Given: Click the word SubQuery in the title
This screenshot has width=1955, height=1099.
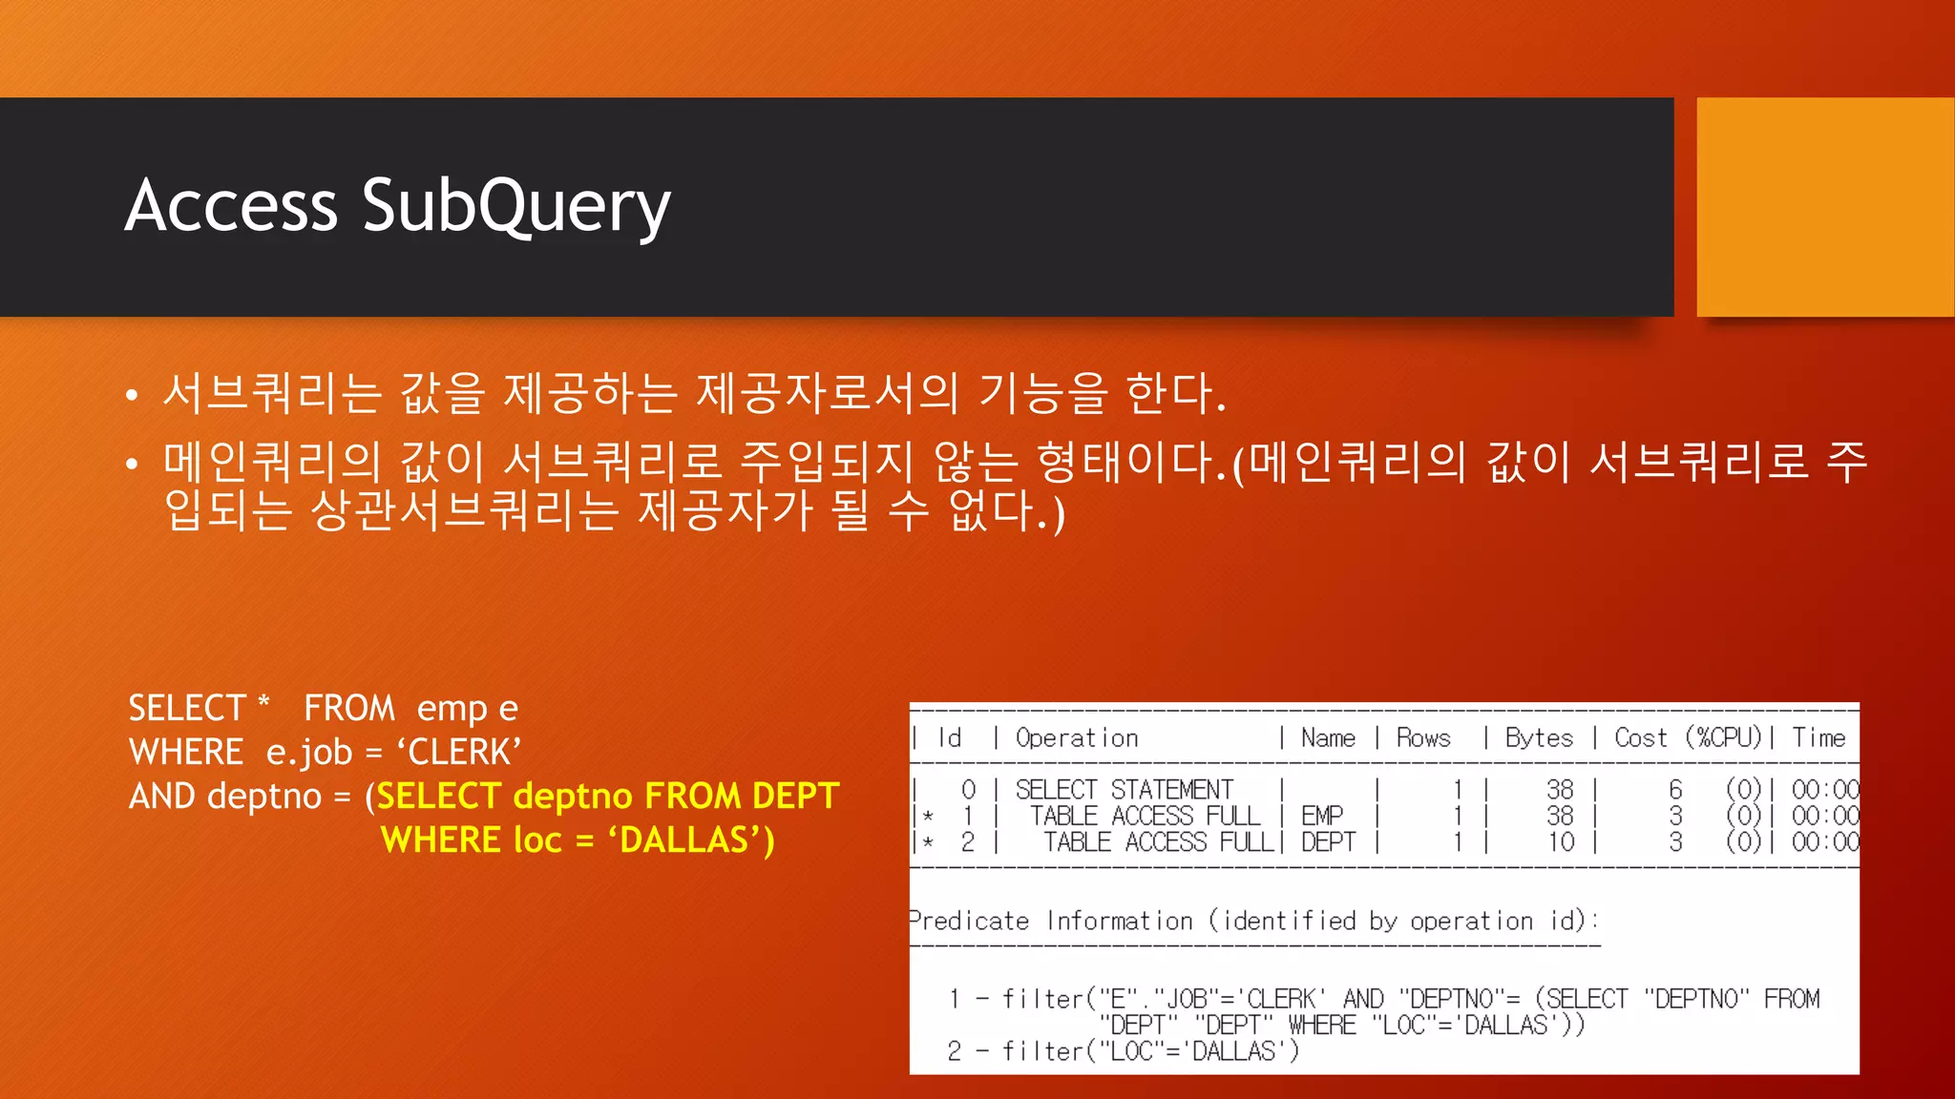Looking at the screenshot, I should tap(515, 206).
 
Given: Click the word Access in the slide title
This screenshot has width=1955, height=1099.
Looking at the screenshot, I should tap(232, 206).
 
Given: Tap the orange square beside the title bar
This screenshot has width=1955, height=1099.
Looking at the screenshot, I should tap(1825, 207).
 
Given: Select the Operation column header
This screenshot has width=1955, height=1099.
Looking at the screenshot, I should tap(1077, 738).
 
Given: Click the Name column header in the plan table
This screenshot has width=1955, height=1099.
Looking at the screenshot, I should tap(1328, 738).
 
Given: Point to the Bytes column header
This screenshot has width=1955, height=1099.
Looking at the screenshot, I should tap(1539, 738).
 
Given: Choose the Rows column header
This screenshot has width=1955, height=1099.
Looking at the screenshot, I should tap(1423, 738).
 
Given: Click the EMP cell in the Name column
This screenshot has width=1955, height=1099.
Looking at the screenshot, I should tap(1322, 817).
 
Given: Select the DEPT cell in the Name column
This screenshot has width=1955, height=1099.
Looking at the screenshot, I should tap(1328, 842).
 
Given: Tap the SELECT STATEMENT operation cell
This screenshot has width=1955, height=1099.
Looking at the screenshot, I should tap(1124, 790).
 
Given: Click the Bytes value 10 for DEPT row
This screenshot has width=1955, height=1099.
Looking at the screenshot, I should tap(1561, 842).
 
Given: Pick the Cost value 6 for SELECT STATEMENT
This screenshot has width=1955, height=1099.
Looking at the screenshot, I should tap(1675, 790).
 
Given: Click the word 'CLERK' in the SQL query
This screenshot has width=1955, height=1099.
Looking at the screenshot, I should tap(465, 753).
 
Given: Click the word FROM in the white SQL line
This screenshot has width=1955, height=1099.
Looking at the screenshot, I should tap(349, 709).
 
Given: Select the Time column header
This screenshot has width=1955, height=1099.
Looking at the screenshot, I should tap(1818, 738).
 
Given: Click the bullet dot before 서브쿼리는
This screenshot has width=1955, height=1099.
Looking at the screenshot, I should tap(133, 395).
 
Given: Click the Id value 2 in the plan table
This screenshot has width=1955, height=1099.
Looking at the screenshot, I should tap(968, 842).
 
